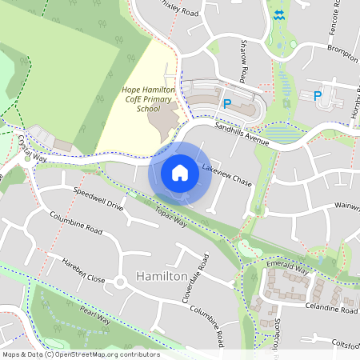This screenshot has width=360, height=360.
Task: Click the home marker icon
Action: pyautogui.click(x=180, y=173)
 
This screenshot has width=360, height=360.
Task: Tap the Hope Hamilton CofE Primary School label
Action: pyautogui.click(x=148, y=98)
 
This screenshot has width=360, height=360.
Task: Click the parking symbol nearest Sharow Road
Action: pyautogui.click(x=227, y=103)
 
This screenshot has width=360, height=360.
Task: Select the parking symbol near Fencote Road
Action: pyautogui.click(x=318, y=96)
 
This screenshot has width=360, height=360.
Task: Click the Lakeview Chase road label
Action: pyautogui.click(x=227, y=176)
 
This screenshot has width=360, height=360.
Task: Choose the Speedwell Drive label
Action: pyautogui.click(x=98, y=201)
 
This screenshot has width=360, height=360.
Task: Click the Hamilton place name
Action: pyautogui.click(x=162, y=276)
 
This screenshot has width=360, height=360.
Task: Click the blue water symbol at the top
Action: pyautogui.click(x=278, y=15)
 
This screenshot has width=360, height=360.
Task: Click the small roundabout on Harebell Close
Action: pyautogui.click(x=121, y=282)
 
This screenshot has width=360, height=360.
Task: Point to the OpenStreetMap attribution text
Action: pyautogui.click(x=80, y=354)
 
